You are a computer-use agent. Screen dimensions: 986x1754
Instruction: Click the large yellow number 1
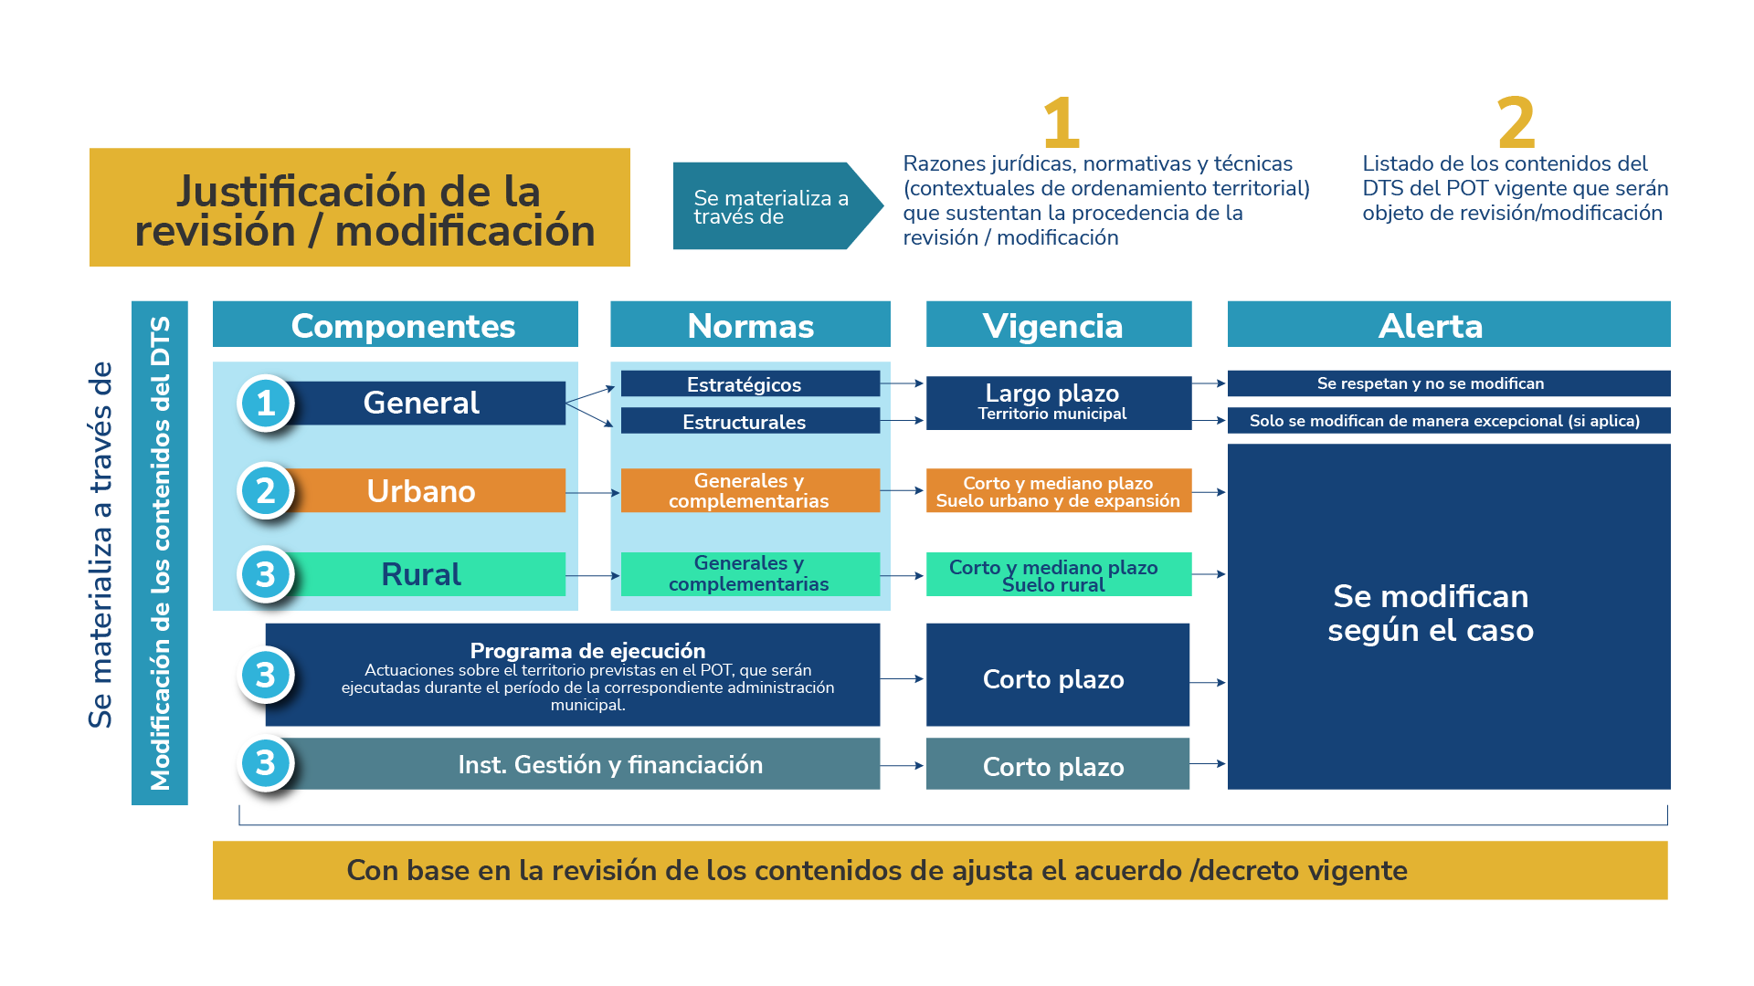tap(1062, 122)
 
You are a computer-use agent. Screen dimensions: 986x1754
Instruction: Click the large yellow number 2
tap(1516, 122)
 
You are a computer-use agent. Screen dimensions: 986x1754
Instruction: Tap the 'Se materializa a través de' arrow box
tap(772, 206)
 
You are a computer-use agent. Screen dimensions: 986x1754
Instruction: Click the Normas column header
tap(750, 325)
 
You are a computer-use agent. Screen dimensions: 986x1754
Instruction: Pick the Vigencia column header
tap(1058, 325)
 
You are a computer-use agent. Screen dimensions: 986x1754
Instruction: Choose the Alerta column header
tap(1448, 325)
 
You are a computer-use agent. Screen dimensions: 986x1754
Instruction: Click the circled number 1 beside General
tap(265, 403)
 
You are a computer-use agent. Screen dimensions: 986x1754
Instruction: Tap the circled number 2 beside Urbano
tap(265, 491)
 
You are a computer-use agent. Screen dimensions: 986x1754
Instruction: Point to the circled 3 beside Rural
tap(265, 574)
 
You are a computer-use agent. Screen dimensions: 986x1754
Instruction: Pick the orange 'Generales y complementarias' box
tap(749, 490)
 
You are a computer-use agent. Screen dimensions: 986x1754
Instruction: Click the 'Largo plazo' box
tap(1058, 402)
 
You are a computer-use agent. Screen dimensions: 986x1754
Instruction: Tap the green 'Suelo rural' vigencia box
tap(1058, 574)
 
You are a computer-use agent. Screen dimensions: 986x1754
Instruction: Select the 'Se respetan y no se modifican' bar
tap(1448, 383)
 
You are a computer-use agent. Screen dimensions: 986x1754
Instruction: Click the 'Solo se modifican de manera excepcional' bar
tap(1448, 421)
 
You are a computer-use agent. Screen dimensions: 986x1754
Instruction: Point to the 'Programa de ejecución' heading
tap(587, 651)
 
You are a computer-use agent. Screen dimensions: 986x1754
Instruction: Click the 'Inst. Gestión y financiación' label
tap(610, 764)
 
